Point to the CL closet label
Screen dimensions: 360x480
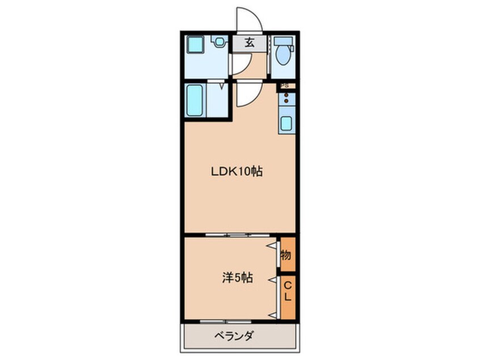[x=288, y=290]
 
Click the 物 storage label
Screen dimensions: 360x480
[x=287, y=255]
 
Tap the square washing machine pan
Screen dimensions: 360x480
[x=197, y=45]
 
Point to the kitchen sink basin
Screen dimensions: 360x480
[x=287, y=123]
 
